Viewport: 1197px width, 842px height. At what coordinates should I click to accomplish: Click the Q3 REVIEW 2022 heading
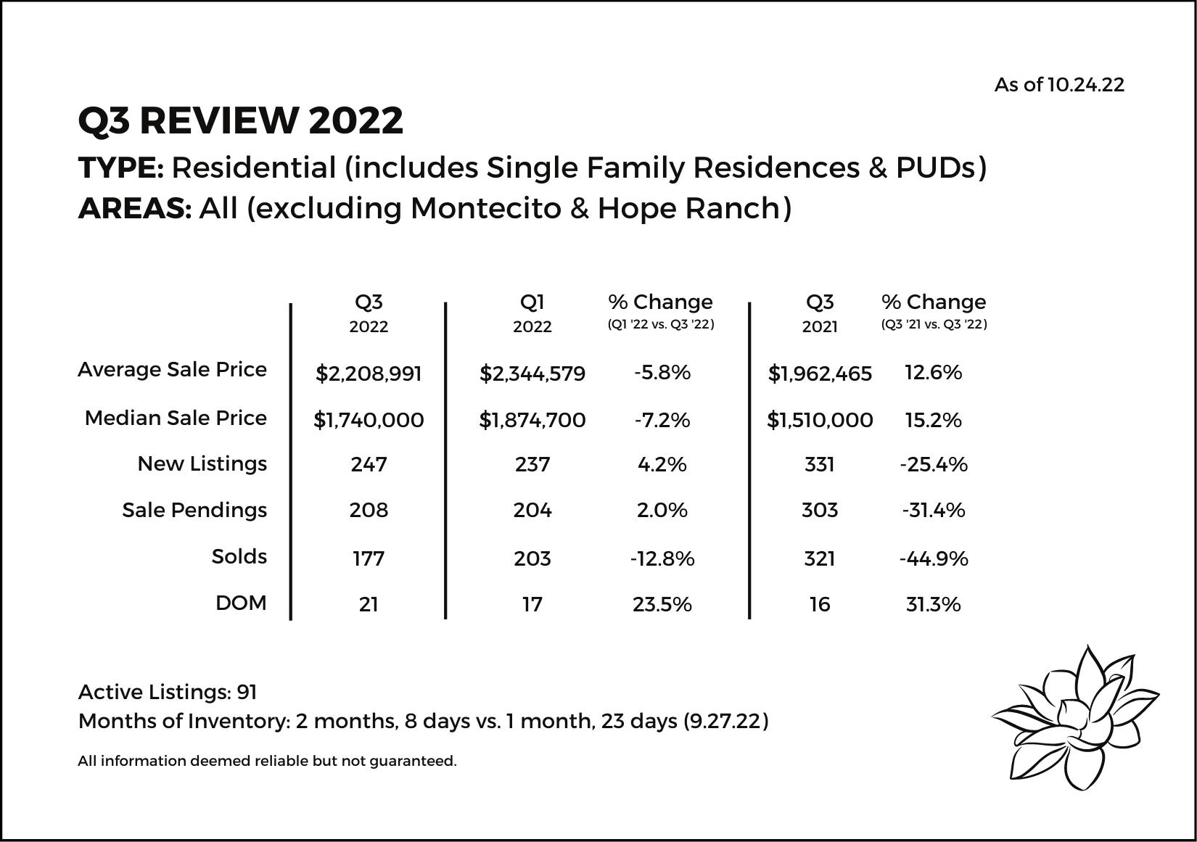(240, 120)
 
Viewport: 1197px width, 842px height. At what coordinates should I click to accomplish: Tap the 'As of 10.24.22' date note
(1058, 85)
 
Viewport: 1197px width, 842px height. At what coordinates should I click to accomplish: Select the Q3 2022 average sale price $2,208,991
(369, 373)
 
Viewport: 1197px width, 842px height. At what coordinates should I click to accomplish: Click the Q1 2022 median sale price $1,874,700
(532, 420)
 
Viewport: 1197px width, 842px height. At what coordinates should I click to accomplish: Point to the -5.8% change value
(662, 373)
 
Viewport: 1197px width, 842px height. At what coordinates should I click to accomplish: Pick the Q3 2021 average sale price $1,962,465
(820, 373)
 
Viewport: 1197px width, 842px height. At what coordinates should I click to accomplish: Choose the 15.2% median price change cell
(933, 420)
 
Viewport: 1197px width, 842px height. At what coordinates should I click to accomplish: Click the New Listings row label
(202, 464)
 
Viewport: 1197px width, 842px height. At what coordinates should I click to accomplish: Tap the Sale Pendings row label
(194, 511)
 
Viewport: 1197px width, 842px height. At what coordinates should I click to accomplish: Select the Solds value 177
(369, 558)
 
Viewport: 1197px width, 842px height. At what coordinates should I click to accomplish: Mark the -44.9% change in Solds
(933, 558)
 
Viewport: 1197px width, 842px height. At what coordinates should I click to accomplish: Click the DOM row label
(241, 603)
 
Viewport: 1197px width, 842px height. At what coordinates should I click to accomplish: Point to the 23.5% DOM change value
(662, 604)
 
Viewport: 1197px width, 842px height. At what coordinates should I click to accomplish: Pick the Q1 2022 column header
(532, 313)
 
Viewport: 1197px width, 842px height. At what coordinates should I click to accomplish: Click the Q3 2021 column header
(820, 313)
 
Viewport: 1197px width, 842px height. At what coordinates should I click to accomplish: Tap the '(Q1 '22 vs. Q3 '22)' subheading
(660, 325)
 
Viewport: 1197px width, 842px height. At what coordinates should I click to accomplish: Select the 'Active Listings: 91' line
(168, 692)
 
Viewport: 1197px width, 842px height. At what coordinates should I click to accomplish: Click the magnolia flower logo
(1074, 717)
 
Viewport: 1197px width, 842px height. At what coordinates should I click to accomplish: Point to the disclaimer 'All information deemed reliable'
(267, 761)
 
